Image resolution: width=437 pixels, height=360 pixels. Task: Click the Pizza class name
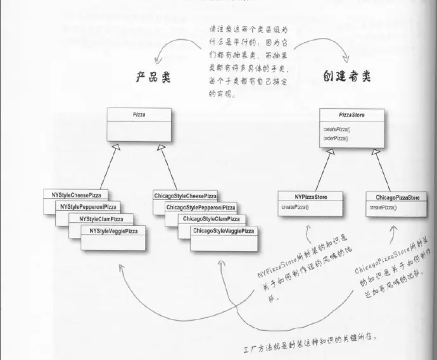click(x=139, y=115)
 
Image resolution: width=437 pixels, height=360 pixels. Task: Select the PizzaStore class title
click(x=351, y=115)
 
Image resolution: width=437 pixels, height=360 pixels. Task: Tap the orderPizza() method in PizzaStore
click(x=336, y=137)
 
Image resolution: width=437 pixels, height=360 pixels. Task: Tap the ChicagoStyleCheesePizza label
click(x=185, y=196)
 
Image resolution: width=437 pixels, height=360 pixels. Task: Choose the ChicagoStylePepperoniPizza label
click(x=200, y=208)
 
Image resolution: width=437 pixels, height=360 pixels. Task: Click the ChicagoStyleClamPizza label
click(x=211, y=219)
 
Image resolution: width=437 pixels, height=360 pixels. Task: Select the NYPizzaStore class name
click(x=311, y=197)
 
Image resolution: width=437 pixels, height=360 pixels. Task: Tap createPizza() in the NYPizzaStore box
click(x=294, y=207)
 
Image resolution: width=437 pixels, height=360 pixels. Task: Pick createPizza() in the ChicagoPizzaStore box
click(x=383, y=208)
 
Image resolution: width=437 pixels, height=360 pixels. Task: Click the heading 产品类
click(x=154, y=77)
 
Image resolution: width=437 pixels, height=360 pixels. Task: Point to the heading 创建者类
click(x=348, y=76)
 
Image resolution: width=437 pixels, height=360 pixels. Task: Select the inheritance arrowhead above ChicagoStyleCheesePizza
click(x=162, y=148)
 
